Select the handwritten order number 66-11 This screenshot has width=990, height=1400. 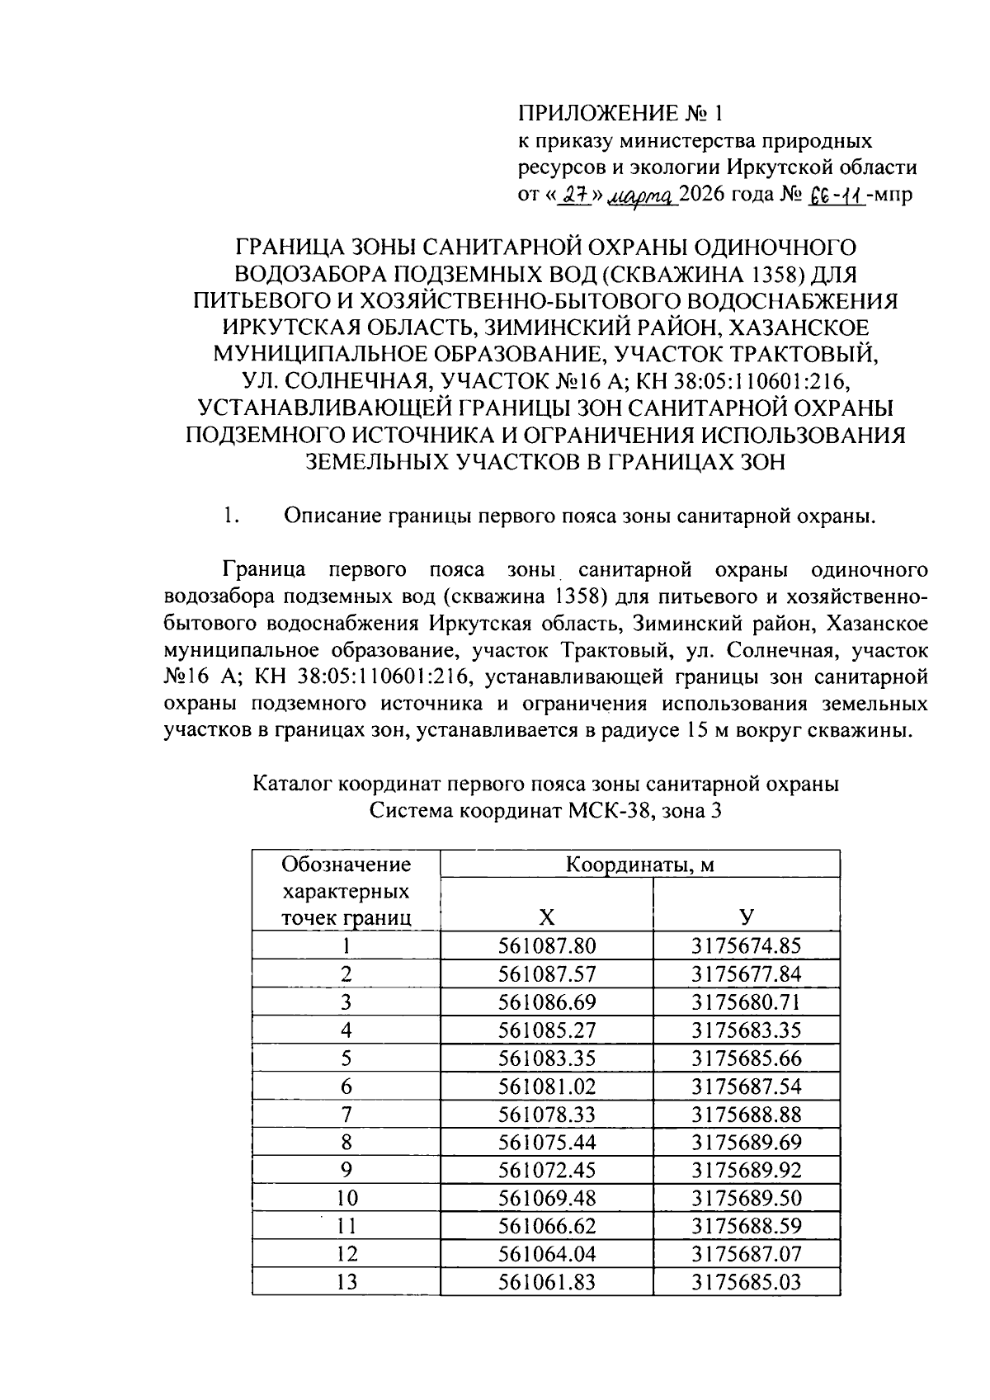(838, 196)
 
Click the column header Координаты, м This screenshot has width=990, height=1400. (639, 864)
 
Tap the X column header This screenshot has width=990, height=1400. (546, 917)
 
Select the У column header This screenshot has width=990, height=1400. (746, 917)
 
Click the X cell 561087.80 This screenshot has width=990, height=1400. (546, 945)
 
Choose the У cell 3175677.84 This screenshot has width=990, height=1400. (746, 973)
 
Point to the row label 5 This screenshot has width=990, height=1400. (346, 1058)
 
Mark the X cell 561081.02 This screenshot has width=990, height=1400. (546, 1086)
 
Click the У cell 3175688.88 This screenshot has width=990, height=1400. (746, 1114)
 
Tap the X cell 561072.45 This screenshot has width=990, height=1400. (546, 1170)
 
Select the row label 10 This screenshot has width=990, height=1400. (346, 1198)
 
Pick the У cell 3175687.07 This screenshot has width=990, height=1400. (746, 1254)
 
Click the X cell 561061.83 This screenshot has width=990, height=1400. (546, 1282)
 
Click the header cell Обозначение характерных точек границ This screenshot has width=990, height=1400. (346, 891)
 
